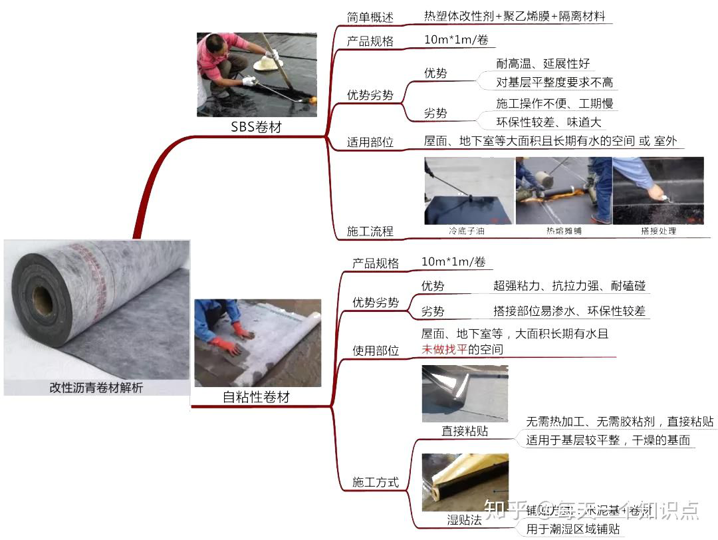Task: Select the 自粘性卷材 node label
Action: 256,398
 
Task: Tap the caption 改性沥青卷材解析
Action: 96,388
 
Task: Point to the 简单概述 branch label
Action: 370,17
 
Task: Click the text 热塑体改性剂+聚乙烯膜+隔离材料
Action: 515,16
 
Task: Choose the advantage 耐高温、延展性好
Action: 543,64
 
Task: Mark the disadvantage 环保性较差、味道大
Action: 548,122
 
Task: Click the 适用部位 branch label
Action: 370,142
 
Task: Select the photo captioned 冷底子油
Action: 468,191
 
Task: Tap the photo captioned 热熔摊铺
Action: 563,191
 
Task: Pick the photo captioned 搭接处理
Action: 658,191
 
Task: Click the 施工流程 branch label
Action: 370,231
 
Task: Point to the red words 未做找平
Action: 444,349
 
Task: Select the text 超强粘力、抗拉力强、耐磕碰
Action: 569,286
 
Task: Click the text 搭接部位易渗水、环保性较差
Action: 569,311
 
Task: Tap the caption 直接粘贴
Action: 465,431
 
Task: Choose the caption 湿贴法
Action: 464,520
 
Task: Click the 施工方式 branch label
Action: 376,482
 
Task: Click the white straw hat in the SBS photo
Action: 269,63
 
